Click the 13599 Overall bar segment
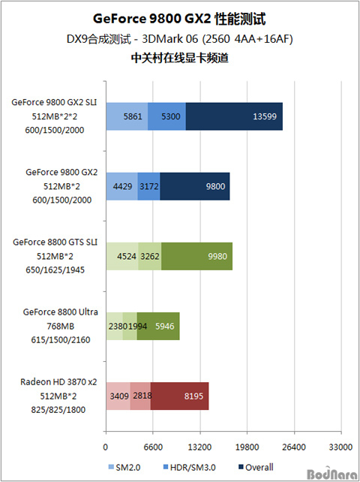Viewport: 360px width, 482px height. pyautogui.click(x=234, y=116)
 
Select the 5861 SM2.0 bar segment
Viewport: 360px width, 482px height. pyautogui.click(x=127, y=116)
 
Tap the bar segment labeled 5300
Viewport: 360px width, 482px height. pyautogui.click(x=166, y=116)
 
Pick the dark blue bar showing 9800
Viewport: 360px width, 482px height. pyautogui.click(x=195, y=186)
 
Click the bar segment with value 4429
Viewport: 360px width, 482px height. pyautogui.click(x=122, y=186)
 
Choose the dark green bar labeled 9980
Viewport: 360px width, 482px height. pyautogui.click(x=197, y=256)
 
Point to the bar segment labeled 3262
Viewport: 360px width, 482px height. pyautogui.click(x=150, y=256)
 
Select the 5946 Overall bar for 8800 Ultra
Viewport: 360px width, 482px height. pyautogui.click(x=158, y=326)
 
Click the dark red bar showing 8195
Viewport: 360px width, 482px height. pyautogui.click(x=180, y=396)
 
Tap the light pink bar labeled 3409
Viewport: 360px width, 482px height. pyautogui.click(x=118, y=396)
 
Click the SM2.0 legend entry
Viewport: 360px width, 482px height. pyautogui.click(x=124, y=468)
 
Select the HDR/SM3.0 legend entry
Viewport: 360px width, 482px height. pyautogui.click(x=189, y=468)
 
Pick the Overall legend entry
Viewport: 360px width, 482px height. pyautogui.click(x=256, y=467)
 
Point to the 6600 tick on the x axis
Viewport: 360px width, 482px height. pyautogui.click(x=153, y=447)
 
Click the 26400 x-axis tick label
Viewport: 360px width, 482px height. pyautogui.click(x=295, y=447)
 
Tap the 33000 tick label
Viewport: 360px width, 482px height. pyautogui.click(x=340, y=447)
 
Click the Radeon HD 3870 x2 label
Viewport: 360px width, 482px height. pyautogui.click(x=58, y=382)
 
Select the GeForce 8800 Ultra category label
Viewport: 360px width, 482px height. pyautogui.click(x=61, y=312)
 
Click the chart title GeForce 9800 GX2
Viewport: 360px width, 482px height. pyautogui.click(x=152, y=19)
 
